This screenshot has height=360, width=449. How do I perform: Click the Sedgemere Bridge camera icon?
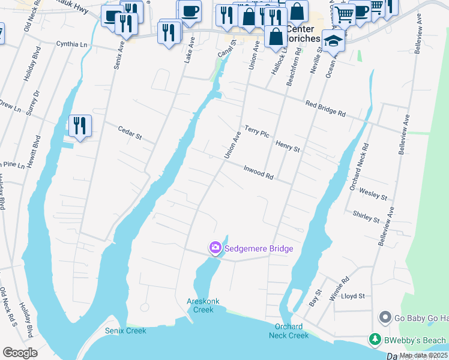(x=215, y=248)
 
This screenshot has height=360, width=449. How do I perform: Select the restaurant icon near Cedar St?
(x=80, y=126)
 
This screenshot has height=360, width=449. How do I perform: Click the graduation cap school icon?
(x=333, y=41)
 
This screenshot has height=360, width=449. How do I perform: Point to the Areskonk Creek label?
(x=200, y=305)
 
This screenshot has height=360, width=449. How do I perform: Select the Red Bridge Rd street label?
(x=325, y=109)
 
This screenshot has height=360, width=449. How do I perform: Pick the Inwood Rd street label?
(x=259, y=173)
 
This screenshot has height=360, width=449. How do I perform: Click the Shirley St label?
(x=366, y=216)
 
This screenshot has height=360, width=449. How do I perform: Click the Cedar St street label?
(x=129, y=133)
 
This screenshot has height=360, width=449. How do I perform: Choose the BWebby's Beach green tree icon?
(x=375, y=340)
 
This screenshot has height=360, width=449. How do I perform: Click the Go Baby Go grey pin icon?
(x=385, y=317)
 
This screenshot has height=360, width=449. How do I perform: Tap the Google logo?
(x=20, y=353)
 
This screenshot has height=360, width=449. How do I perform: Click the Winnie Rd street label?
(x=340, y=288)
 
